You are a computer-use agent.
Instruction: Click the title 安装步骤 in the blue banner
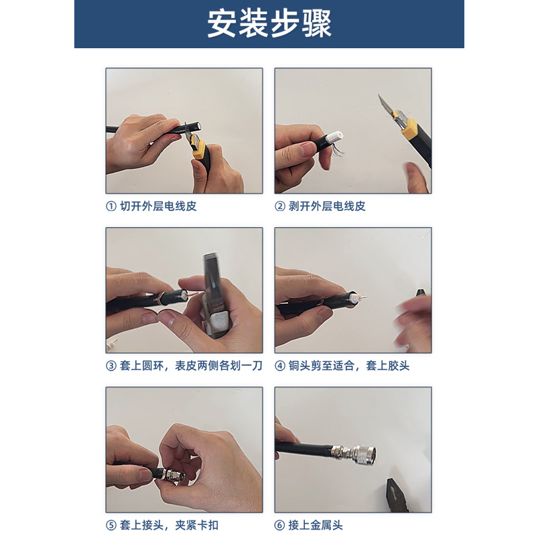269,23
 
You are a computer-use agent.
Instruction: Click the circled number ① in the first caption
111,206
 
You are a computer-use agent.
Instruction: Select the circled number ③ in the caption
111,366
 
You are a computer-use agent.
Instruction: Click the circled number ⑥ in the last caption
280,525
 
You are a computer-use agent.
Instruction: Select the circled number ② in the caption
280,206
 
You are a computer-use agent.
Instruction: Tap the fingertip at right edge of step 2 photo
415,176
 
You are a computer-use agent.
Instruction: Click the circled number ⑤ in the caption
111,525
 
